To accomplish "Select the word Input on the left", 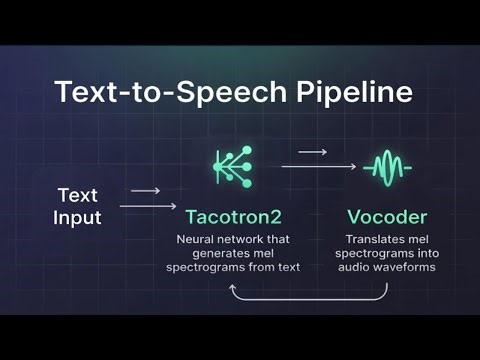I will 77,216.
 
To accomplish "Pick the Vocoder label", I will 386,215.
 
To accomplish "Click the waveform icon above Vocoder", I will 386,167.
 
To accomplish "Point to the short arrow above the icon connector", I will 313,152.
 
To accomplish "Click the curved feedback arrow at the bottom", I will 308,297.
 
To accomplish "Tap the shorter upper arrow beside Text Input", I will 146,190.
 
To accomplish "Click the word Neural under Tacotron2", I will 197,240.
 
